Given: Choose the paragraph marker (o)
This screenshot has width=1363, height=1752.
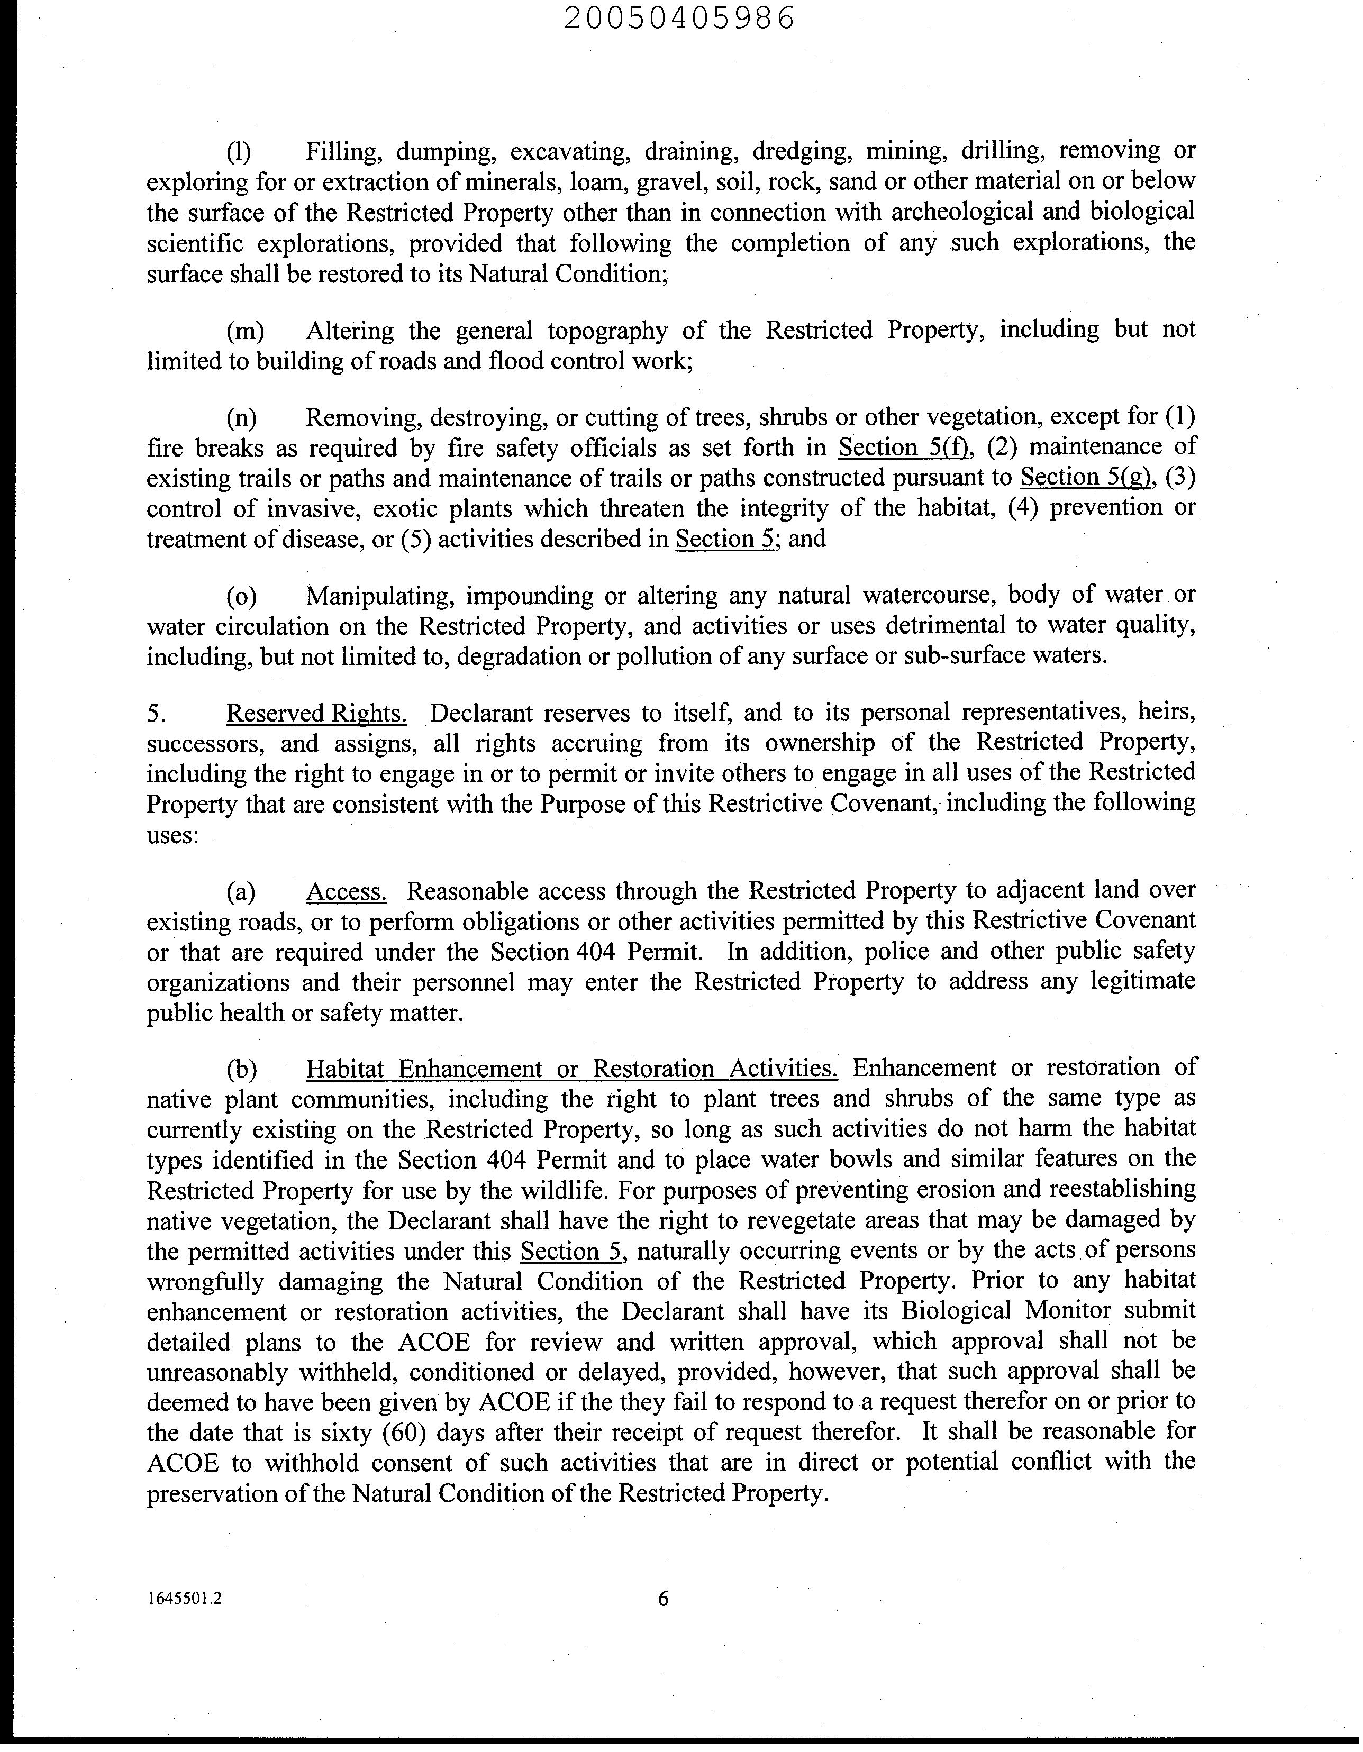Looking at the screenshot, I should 241,597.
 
